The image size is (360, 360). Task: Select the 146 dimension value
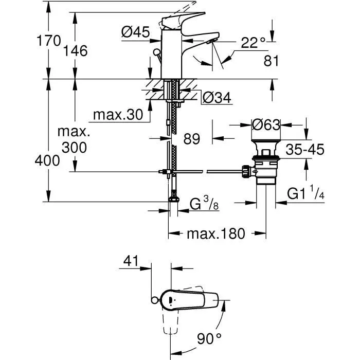click(76, 50)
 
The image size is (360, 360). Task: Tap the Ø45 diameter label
click(135, 32)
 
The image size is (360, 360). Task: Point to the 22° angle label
click(253, 43)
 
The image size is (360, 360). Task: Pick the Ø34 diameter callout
click(215, 96)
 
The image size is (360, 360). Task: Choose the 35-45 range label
click(305, 150)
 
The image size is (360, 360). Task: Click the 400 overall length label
click(48, 160)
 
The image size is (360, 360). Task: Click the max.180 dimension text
click(216, 234)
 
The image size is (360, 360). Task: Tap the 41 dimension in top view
click(131, 261)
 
